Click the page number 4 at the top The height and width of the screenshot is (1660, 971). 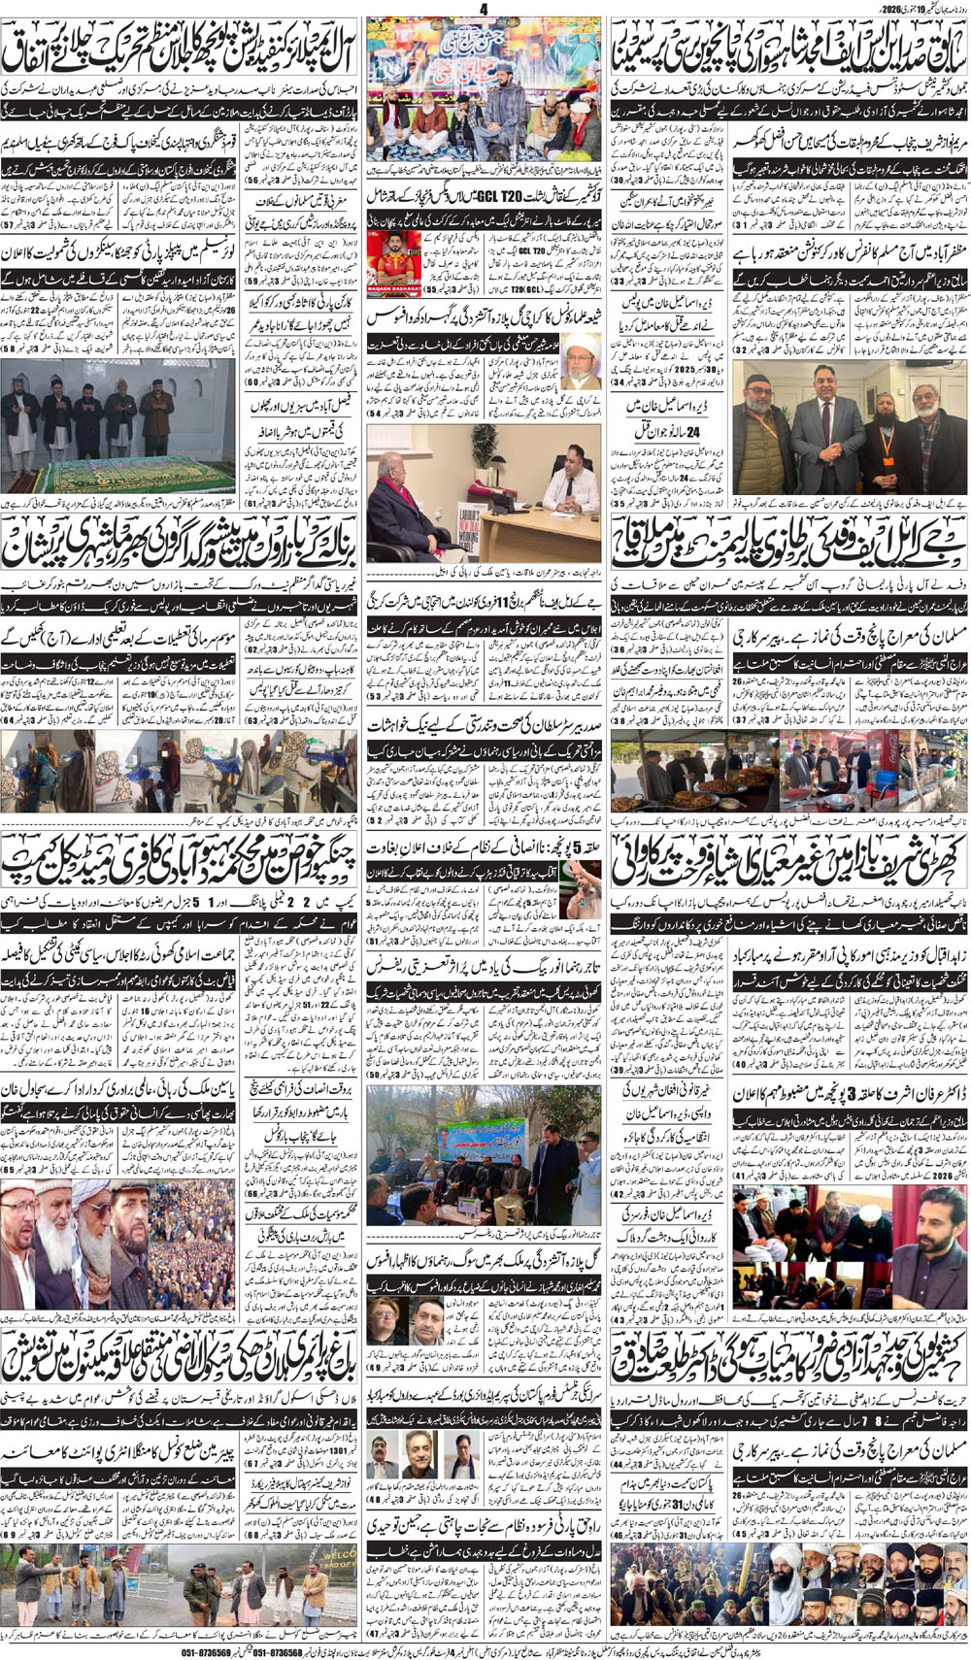pos(483,9)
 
